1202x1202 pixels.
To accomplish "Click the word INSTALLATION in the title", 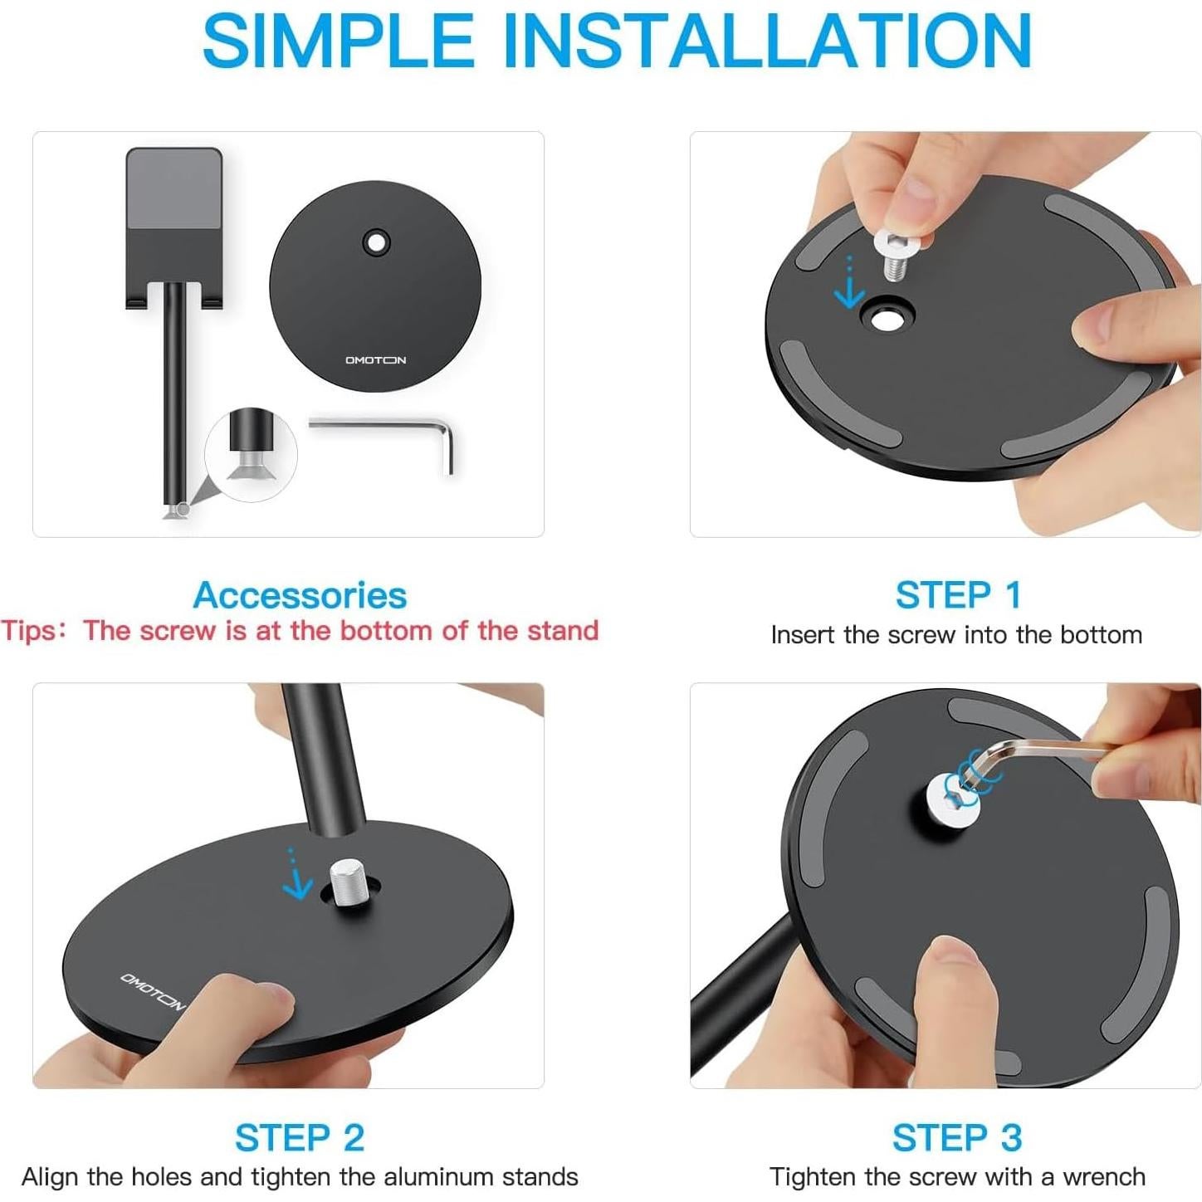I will point(768,42).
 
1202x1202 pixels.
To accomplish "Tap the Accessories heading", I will point(300,595).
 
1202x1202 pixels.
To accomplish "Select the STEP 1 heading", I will point(958,595).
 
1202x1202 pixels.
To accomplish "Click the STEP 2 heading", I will point(300,1137).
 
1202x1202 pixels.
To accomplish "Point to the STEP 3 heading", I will point(957,1137).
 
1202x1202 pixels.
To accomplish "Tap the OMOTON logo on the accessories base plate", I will point(375,360).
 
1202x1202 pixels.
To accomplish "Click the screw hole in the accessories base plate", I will point(377,242).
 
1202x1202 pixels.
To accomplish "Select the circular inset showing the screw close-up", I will point(251,454).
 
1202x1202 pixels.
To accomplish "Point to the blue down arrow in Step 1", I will point(849,286).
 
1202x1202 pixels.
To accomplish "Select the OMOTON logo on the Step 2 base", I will point(152,991).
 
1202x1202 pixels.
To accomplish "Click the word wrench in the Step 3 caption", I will point(1104,1176).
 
